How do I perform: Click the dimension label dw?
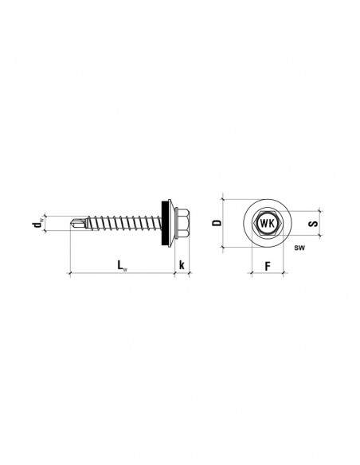pyautogui.click(x=38, y=223)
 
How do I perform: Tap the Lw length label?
pyautogui.click(x=122, y=265)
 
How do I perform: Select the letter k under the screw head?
pyautogui.click(x=182, y=264)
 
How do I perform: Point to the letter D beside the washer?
pyautogui.click(x=217, y=223)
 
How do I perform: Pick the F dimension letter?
pyautogui.click(x=268, y=266)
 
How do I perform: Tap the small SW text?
pyautogui.click(x=299, y=248)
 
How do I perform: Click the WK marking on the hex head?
pyautogui.click(x=267, y=223)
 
